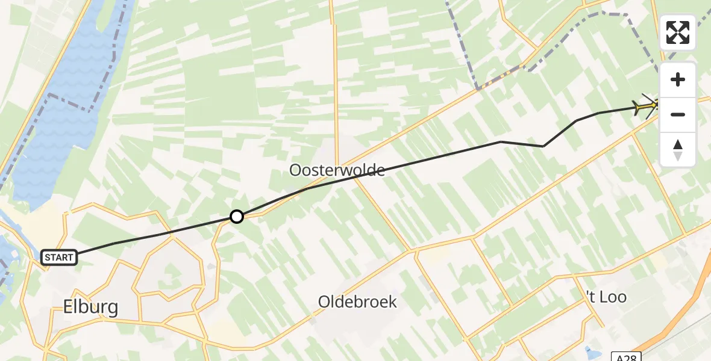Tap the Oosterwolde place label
tap(337, 170)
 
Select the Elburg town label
tap(90, 307)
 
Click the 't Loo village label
tap(606, 297)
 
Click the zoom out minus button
tap(678, 114)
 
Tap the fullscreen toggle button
tap(678, 32)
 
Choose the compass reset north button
tap(678, 149)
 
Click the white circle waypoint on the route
tap(237, 217)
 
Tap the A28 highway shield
tap(626, 356)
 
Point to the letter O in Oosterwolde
tap(295, 170)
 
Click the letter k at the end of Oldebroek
tap(392, 301)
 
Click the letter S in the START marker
tap(48, 258)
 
